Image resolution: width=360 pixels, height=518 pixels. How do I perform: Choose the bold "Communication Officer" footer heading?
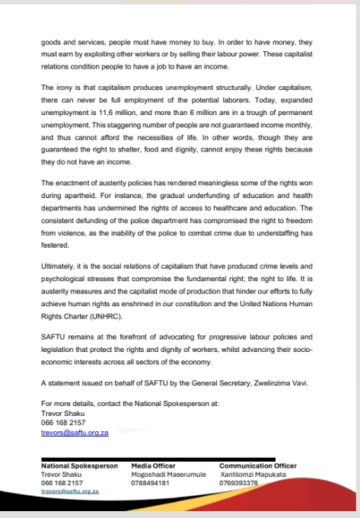(257, 465)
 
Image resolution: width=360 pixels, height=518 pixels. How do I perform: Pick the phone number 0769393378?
(238, 482)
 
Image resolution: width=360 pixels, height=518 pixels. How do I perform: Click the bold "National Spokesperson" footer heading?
(79, 465)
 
